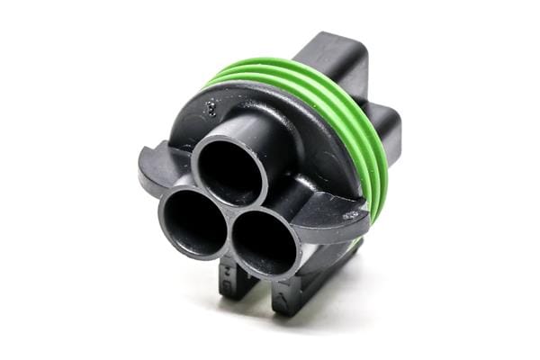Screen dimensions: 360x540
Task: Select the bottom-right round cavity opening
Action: pyautogui.click(x=265, y=241)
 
